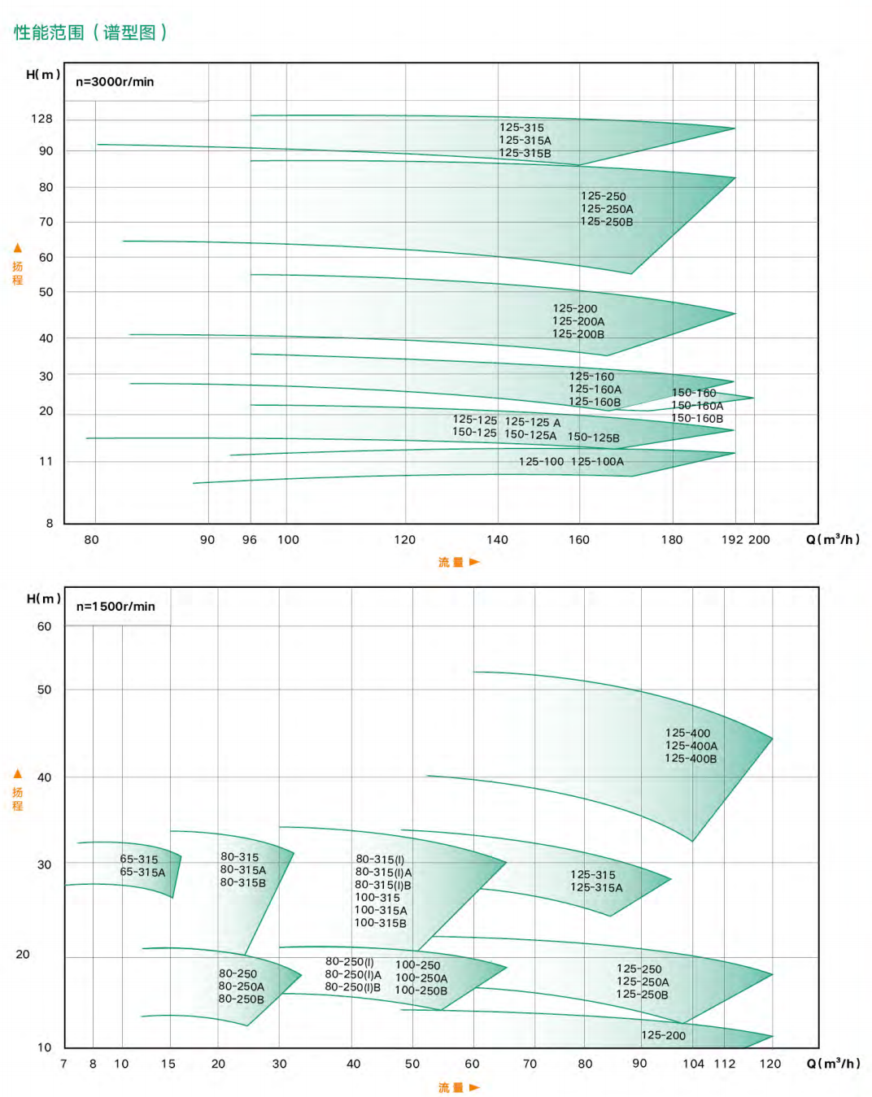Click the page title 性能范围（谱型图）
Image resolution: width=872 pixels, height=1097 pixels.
90,33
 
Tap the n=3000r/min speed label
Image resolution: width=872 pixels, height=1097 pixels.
115,81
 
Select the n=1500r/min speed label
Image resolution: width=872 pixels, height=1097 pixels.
116,606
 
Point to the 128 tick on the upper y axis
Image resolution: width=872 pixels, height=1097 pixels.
41,119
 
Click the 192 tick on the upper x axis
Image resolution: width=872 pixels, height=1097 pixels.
732,539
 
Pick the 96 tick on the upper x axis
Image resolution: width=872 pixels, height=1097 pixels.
250,539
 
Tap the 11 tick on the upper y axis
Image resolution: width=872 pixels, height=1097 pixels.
46,461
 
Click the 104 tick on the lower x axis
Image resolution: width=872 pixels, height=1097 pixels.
693,1063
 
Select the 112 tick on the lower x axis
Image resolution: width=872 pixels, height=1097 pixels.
725,1063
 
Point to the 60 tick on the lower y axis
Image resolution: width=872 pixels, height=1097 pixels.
44,626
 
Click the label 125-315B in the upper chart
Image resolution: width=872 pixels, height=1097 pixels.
525,153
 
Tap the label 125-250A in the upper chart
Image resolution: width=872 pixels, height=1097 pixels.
607,209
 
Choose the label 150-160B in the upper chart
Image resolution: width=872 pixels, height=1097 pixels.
697,418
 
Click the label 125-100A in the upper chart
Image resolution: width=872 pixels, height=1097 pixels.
598,461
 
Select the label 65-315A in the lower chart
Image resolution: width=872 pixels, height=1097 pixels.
142,872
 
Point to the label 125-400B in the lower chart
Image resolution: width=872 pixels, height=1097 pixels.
691,758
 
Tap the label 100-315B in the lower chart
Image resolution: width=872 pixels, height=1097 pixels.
380,922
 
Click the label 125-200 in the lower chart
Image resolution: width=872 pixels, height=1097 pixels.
663,1035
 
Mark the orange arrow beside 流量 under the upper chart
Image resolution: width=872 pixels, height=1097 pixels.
474,562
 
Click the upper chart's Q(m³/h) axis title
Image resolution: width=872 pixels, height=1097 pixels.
832,539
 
